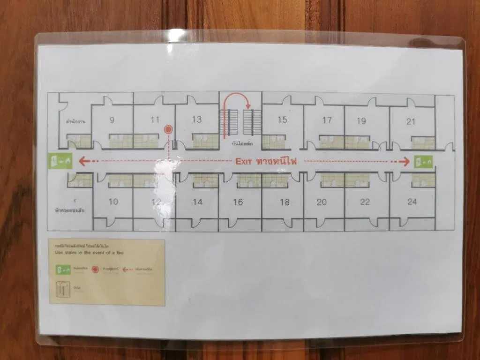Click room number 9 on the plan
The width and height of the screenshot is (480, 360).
[x=112, y=120]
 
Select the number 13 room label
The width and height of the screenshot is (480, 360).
[x=197, y=120]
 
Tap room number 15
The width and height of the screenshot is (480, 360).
[x=282, y=120]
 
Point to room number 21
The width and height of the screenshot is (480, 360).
[x=411, y=121]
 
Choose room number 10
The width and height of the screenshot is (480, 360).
[x=113, y=202]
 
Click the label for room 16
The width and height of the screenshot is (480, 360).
[x=238, y=202]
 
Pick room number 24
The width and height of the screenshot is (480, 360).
[x=412, y=202]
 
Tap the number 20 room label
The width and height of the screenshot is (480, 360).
[x=322, y=202]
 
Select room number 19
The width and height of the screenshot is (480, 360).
[x=361, y=120]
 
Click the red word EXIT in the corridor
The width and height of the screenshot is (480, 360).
[x=244, y=162]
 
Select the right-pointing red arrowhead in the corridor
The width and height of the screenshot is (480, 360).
[x=406, y=162]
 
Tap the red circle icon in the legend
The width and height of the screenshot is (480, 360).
[x=95, y=270]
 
